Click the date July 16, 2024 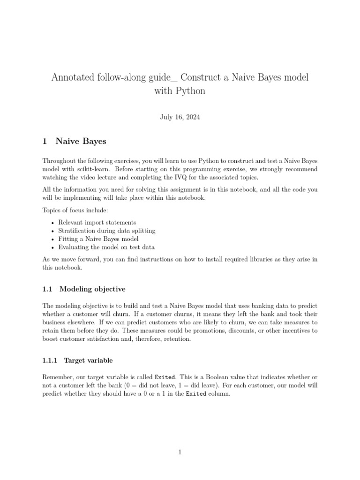pos(180,117)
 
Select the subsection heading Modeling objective pos(92,289)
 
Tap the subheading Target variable pos(88,360)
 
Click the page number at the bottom pos(180,452)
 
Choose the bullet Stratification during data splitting pos(106,231)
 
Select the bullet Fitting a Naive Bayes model pos(98,239)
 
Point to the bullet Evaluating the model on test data pos(106,247)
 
